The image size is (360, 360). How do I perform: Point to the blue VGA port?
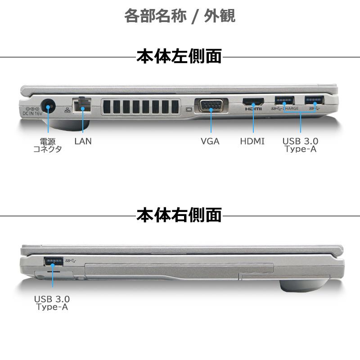pos(211,107)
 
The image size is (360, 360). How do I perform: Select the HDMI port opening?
pos(253,101)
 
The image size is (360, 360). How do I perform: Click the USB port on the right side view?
pos(53,261)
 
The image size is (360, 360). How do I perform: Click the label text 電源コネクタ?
pos(48,145)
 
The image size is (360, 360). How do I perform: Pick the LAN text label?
pos(83,141)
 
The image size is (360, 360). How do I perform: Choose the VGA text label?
pos(210,141)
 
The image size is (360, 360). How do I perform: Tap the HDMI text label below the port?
pos(252,141)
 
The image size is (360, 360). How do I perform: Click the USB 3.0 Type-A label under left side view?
pos(300,145)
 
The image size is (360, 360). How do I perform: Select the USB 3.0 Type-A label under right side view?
pos(52,302)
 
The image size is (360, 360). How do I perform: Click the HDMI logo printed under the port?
pos(253,109)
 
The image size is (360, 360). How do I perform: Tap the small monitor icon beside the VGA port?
pos(189,109)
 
